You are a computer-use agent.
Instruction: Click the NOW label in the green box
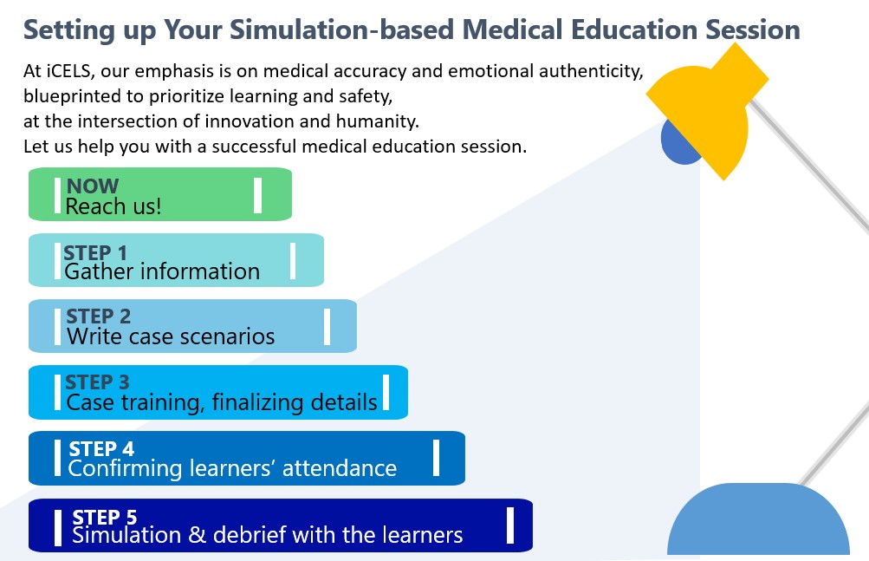(93, 186)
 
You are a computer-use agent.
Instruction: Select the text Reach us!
(113, 206)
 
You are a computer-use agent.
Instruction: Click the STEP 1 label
(95, 252)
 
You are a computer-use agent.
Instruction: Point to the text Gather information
(162, 271)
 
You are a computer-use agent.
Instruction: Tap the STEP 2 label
(99, 316)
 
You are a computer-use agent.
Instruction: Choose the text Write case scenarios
(171, 336)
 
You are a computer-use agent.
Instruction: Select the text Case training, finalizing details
(222, 402)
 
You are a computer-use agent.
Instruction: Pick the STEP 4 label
(101, 448)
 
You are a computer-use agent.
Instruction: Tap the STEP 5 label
(105, 517)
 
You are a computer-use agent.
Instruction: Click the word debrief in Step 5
(251, 535)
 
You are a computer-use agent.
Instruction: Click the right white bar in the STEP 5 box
(510, 525)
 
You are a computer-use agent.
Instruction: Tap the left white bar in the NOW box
(57, 194)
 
